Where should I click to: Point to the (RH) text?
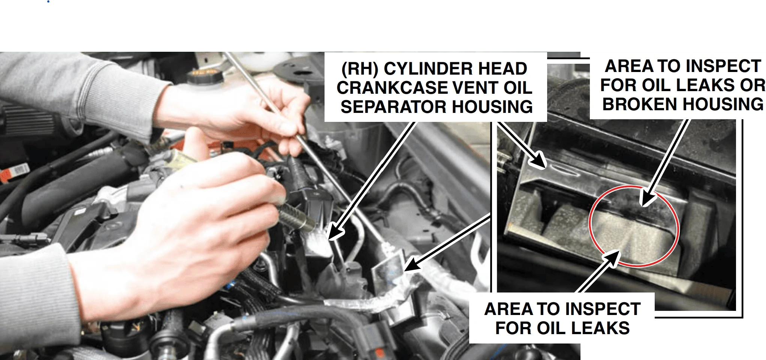[360, 69]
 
